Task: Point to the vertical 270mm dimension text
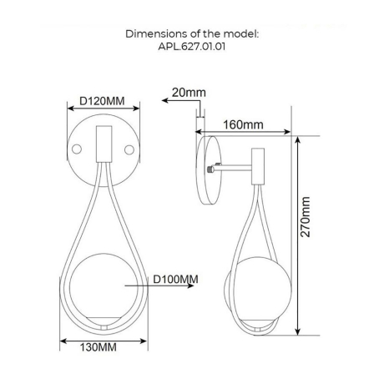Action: click(x=306, y=217)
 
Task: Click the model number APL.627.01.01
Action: click(x=191, y=47)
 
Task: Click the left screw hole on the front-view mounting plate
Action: click(x=77, y=149)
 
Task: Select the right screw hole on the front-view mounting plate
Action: click(x=129, y=149)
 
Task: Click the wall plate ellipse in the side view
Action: click(x=206, y=170)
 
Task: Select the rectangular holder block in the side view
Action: click(x=259, y=164)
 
